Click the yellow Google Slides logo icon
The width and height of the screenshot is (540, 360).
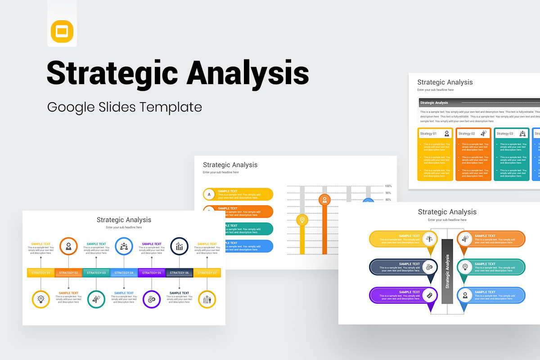click(x=62, y=31)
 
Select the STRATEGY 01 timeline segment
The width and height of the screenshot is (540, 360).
click(x=41, y=273)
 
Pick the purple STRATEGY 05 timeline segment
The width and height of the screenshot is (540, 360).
click(x=152, y=273)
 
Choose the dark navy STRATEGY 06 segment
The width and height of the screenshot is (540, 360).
click(x=179, y=273)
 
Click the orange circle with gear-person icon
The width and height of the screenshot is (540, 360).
click(x=68, y=246)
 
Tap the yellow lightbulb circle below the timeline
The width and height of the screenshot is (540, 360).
click(x=41, y=299)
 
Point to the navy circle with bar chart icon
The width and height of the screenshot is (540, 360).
click(x=179, y=246)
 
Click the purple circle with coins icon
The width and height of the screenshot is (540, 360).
click(x=152, y=299)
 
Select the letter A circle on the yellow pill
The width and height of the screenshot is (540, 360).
click(x=209, y=194)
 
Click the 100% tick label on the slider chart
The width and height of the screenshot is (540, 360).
click(x=388, y=186)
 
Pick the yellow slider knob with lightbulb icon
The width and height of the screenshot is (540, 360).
click(x=302, y=220)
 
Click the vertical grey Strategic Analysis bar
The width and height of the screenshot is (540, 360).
click(x=447, y=271)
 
